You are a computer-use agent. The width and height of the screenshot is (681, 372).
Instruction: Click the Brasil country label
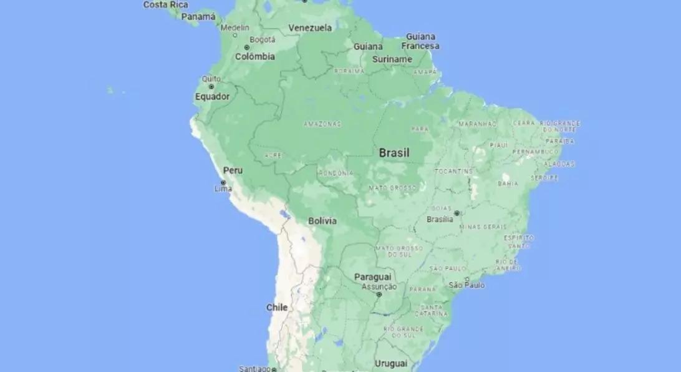point(394,153)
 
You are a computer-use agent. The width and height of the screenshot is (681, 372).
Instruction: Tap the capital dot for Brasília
point(456,213)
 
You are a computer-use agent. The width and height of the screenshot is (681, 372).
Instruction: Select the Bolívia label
point(322,221)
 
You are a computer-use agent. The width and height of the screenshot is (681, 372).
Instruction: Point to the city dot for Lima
point(223,182)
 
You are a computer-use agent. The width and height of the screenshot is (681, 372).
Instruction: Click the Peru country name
point(233,170)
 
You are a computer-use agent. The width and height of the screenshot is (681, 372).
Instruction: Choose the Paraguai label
point(373,277)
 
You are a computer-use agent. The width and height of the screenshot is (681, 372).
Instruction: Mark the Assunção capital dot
point(379,294)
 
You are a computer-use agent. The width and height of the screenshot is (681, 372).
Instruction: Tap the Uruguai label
point(391,363)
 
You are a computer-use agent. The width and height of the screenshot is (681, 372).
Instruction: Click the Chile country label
point(277,308)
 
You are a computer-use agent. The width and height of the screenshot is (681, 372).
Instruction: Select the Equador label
point(212,97)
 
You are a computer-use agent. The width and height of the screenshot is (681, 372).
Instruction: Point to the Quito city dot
point(211,86)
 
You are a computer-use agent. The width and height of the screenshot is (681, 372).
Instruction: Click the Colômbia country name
point(254,57)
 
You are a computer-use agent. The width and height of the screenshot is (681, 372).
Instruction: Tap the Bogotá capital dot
point(247,47)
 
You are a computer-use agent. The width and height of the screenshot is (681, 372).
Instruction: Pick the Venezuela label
point(310,27)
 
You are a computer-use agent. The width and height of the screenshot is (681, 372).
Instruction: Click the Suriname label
point(392,59)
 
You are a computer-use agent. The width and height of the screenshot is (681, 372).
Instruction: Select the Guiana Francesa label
point(420,41)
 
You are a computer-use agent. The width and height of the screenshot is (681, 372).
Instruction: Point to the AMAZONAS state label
point(322,124)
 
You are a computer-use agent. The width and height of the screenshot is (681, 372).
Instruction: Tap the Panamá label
point(198,17)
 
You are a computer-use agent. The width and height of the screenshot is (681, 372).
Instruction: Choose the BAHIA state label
point(508,184)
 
